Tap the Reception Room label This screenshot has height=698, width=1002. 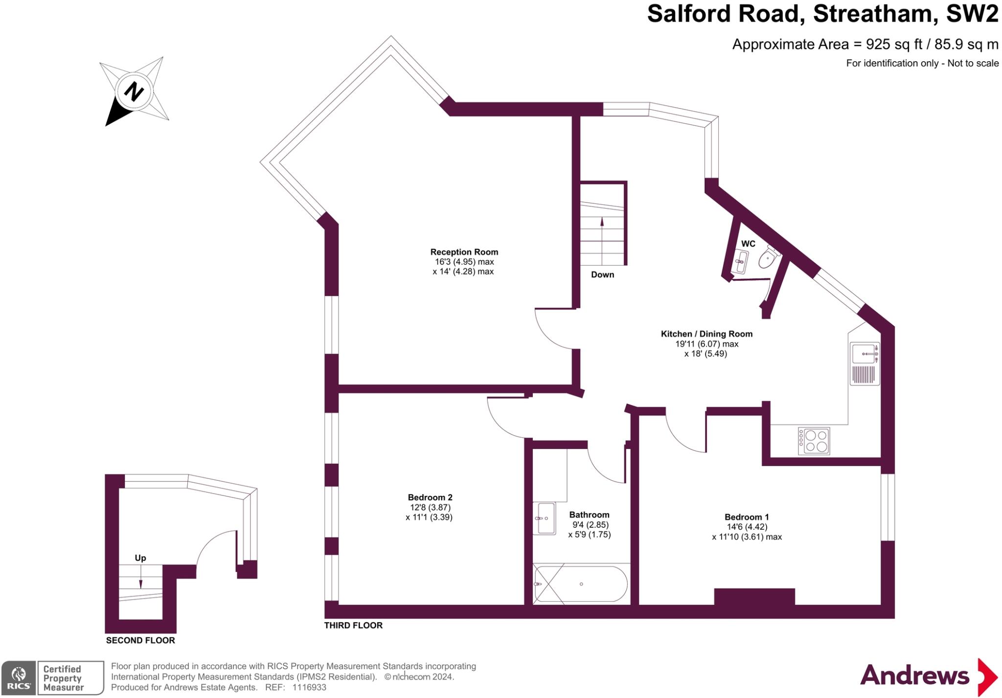pyautogui.click(x=464, y=252)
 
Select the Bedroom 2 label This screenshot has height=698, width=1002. pyautogui.click(x=429, y=497)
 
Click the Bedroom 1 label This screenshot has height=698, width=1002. pyautogui.click(x=747, y=517)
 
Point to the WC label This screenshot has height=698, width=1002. pyautogui.click(x=748, y=244)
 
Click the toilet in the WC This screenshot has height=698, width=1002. pyautogui.click(x=768, y=258)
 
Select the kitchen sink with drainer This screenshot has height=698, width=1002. pyautogui.click(x=865, y=363)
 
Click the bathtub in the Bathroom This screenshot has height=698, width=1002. pyautogui.click(x=581, y=584)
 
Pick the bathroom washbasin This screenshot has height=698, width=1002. pyautogui.click(x=544, y=518)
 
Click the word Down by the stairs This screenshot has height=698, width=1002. pyautogui.click(x=602, y=274)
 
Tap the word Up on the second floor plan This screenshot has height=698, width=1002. pyautogui.click(x=140, y=558)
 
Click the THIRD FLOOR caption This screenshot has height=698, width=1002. pyautogui.click(x=353, y=625)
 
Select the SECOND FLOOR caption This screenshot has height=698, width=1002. pyautogui.click(x=140, y=640)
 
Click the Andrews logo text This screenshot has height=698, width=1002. pyautogui.click(x=914, y=675)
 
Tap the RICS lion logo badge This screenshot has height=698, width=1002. pyautogui.click(x=19, y=677)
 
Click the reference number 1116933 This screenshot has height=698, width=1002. pyautogui.click(x=309, y=687)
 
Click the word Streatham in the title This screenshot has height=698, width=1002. pyautogui.click(x=875, y=14)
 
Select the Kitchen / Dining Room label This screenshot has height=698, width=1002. pyautogui.click(x=706, y=334)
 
